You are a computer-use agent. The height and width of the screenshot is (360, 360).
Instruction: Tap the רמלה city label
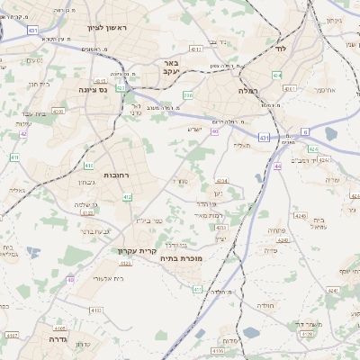click(x=248, y=91)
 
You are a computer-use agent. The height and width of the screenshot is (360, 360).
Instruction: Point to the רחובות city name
click(x=119, y=175)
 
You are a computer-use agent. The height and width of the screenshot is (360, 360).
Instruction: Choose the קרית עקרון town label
click(x=138, y=251)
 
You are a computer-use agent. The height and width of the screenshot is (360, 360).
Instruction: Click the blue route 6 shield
click(x=305, y=131)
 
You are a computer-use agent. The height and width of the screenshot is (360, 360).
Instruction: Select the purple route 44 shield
click(x=278, y=166)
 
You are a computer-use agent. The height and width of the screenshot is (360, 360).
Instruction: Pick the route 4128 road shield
click(x=307, y=335)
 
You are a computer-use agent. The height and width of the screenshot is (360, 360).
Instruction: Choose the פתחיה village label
click(x=276, y=230)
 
